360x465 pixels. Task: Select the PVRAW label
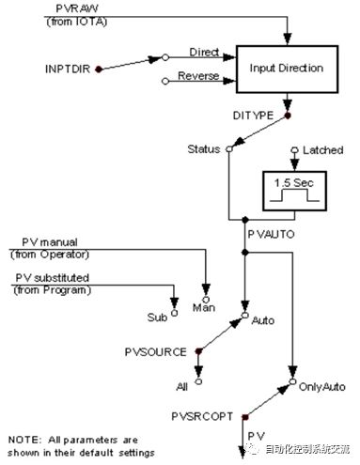(x=77, y=8)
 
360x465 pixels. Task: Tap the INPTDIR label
(x=68, y=69)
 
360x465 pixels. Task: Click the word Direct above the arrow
(x=204, y=52)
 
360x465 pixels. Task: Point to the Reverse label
(x=198, y=76)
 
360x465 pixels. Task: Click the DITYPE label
(x=253, y=116)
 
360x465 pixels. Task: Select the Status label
(x=204, y=149)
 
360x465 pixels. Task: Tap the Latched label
(x=322, y=150)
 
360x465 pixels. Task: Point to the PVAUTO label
(x=271, y=234)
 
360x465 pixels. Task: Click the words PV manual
(x=50, y=242)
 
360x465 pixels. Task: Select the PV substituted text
(x=53, y=278)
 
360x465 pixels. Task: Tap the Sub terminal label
(x=157, y=318)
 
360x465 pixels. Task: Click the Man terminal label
(x=204, y=308)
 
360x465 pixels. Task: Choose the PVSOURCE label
(x=156, y=352)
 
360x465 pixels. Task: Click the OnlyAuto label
(x=322, y=387)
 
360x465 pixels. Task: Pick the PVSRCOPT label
(x=202, y=416)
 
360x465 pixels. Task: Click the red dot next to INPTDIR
(x=99, y=70)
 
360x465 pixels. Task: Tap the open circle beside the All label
(x=198, y=381)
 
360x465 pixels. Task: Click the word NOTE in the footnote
(x=24, y=440)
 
